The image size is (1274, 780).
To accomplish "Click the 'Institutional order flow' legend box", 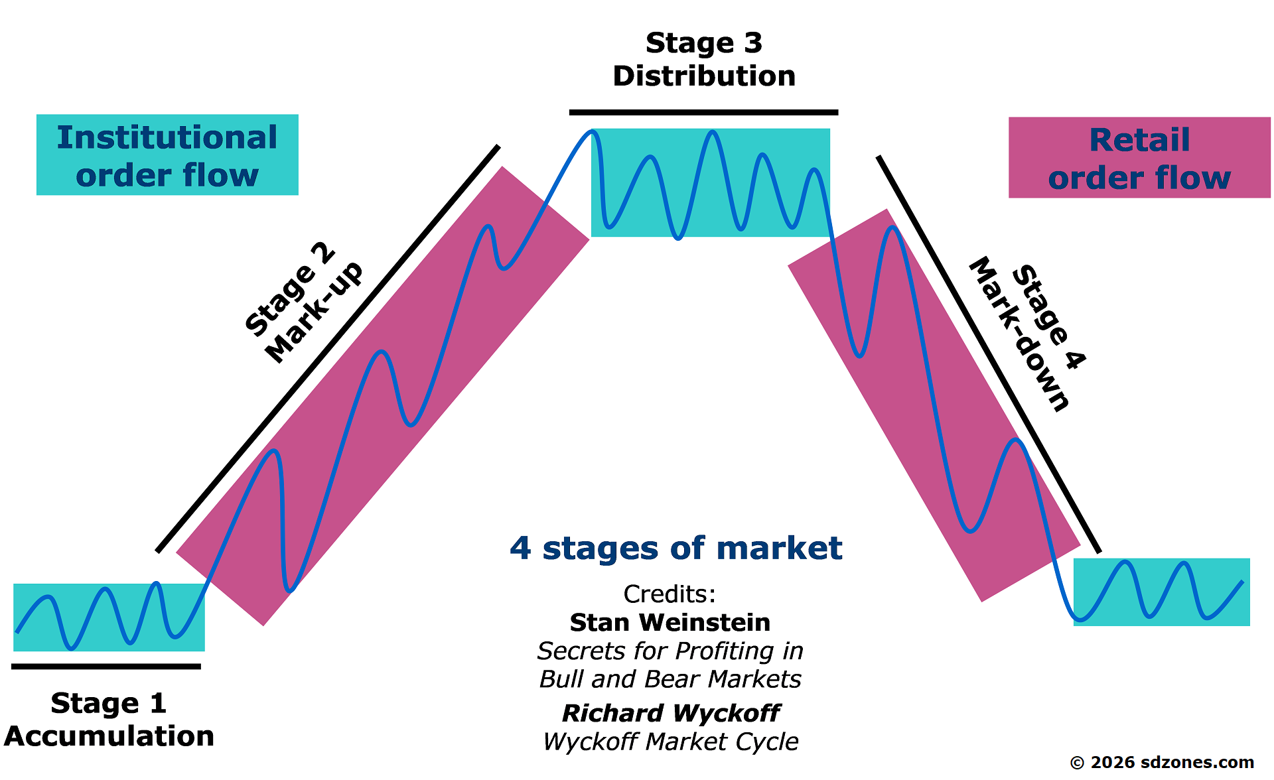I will (167, 155).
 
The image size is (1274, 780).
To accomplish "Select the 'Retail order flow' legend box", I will (1139, 158).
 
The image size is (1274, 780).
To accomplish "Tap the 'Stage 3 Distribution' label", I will (704, 60).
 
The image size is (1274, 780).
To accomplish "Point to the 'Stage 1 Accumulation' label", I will (109, 720).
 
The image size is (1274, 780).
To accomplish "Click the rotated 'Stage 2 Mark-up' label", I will (304, 304).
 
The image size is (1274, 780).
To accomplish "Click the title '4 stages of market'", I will (675, 548).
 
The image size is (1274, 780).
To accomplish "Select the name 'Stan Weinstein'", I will (670, 622).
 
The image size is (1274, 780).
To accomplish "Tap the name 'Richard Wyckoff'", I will (671, 713).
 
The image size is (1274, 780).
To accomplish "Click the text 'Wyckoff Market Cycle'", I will (671, 742).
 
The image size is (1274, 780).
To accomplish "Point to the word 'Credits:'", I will (670, 594).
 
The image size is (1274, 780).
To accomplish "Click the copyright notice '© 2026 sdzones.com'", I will (1162, 762).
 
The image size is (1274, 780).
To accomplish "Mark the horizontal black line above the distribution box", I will (703, 113).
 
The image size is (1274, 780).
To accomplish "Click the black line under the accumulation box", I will (106, 667).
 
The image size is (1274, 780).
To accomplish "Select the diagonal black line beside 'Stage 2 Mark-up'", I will (328, 349).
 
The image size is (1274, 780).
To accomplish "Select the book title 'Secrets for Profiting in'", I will (670, 651).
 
